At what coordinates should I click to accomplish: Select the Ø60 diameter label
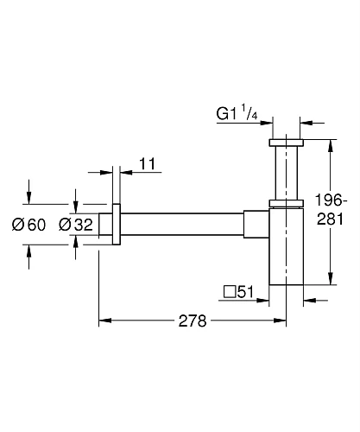click(28, 226)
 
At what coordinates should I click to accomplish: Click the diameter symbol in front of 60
click(18, 226)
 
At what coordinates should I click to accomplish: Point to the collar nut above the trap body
click(287, 205)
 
